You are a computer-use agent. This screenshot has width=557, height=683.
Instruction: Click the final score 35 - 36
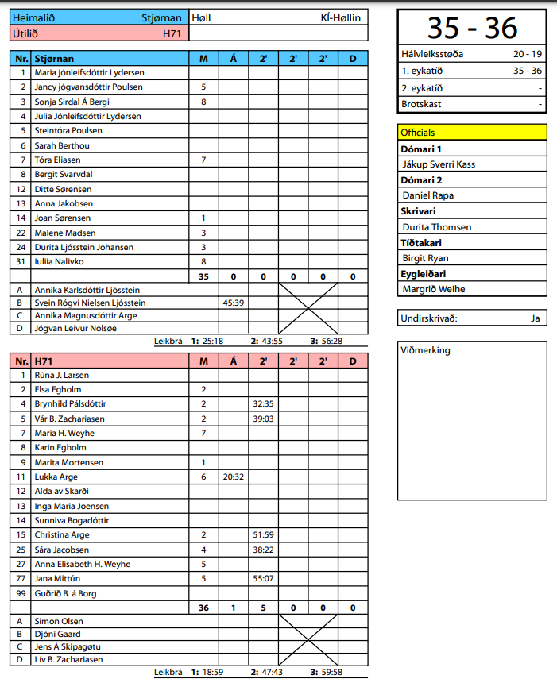click(472, 28)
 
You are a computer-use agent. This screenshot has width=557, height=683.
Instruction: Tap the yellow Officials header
click(418, 133)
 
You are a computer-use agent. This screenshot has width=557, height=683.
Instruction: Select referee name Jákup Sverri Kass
click(439, 164)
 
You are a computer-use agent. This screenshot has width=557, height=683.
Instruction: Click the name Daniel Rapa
click(428, 195)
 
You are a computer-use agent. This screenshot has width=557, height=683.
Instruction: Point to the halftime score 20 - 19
click(528, 55)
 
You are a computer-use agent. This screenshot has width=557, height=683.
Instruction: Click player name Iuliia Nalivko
click(60, 261)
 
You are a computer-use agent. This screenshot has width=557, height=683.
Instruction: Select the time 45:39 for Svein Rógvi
click(233, 303)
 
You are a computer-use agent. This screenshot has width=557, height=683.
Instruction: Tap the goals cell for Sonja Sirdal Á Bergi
click(203, 102)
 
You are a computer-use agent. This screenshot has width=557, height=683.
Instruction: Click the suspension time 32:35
click(263, 403)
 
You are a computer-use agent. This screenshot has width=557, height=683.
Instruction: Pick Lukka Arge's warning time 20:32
click(233, 477)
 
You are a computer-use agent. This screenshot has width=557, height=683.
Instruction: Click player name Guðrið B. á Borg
click(69, 593)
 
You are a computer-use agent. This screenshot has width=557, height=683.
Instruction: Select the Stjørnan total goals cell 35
click(203, 276)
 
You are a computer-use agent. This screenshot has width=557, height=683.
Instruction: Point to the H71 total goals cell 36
click(203, 608)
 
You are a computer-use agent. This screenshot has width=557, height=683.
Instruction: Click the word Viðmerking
click(425, 350)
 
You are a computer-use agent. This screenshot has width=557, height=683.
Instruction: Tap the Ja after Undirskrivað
click(536, 318)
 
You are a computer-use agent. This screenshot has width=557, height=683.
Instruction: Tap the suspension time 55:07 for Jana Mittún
click(263, 578)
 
